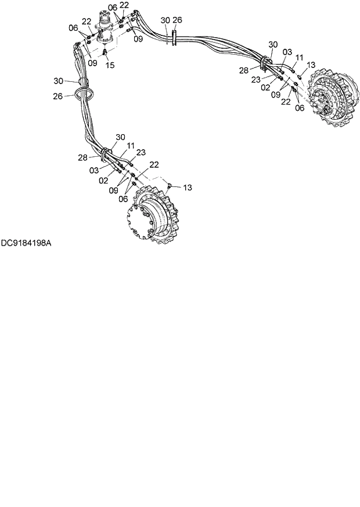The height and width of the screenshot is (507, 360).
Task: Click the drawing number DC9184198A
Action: (x=26, y=243)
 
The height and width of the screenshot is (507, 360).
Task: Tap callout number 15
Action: (x=110, y=66)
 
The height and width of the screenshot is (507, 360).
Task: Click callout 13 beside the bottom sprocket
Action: (x=187, y=188)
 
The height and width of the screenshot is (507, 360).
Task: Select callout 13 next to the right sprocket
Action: (x=311, y=65)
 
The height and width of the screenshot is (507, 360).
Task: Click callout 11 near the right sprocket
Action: (x=300, y=57)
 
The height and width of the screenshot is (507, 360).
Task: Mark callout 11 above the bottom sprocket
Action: (x=131, y=145)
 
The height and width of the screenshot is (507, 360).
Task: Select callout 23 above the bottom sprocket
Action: (x=141, y=152)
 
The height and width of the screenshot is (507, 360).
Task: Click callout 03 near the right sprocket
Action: (x=287, y=52)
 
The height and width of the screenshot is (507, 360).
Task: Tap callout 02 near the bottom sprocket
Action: (x=103, y=181)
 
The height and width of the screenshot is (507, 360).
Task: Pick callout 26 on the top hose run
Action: (x=177, y=20)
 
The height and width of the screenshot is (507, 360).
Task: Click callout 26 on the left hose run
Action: (x=57, y=96)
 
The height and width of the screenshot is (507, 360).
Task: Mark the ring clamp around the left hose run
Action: (x=84, y=93)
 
